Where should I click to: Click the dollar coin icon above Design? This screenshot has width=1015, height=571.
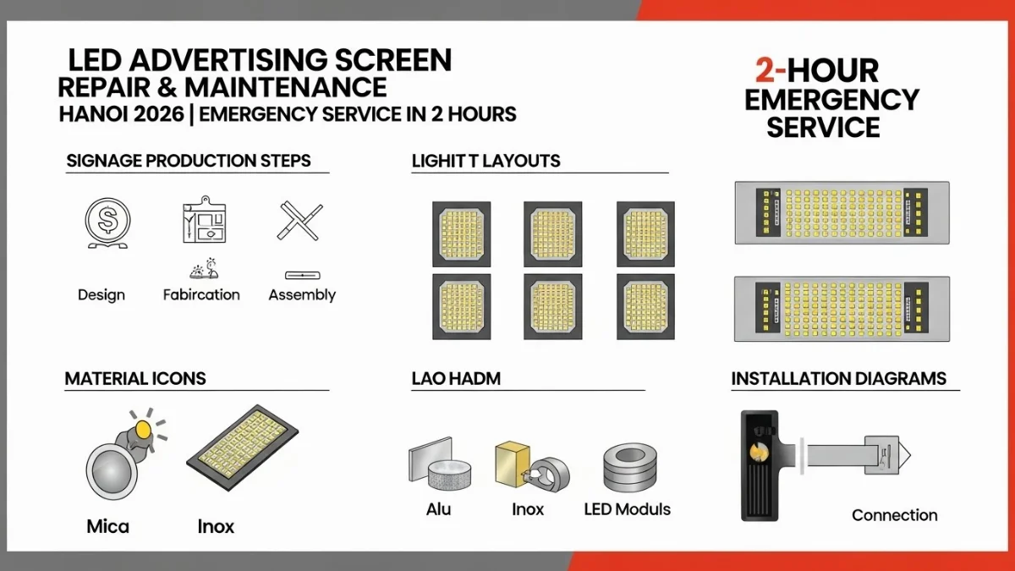click(x=107, y=222)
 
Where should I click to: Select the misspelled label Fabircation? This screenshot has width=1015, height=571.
click(x=201, y=294)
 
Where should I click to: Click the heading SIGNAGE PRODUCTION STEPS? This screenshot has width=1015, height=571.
click(x=188, y=161)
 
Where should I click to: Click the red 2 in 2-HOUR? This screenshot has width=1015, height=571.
click(x=754, y=71)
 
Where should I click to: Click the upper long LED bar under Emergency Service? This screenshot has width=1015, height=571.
click(x=841, y=213)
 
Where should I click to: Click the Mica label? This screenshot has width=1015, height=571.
click(x=108, y=526)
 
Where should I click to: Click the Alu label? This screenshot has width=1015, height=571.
click(x=438, y=509)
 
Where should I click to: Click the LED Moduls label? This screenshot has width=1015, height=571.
click(x=627, y=509)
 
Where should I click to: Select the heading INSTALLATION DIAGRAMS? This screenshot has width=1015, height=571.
click(x=838, y=378)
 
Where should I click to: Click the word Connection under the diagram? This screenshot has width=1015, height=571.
click(x=894, y=515)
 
